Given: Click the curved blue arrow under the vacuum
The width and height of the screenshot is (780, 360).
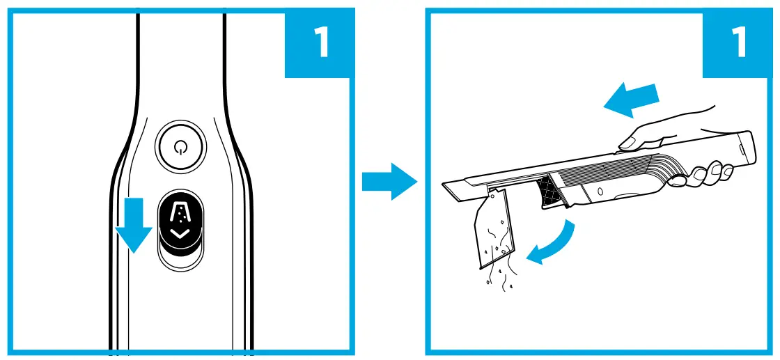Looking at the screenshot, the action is point(554,245).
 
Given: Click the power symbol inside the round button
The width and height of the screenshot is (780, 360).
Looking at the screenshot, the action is point(181,147).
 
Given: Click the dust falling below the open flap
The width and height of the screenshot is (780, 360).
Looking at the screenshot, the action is point(498,279).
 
